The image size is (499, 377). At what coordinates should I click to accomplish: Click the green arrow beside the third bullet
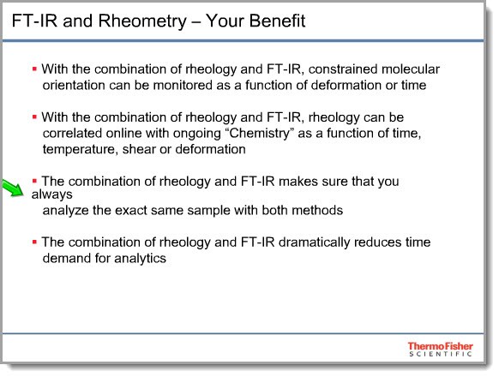tap(14, 188)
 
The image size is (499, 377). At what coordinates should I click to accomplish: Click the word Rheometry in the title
tap(142, 21)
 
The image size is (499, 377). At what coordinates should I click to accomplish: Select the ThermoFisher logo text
tap(441, 346)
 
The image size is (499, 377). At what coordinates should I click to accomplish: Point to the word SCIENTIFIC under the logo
tap(441, 354)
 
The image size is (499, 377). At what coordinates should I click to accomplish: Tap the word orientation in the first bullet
tap(74, 86)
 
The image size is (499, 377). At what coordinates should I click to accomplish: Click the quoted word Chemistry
tap(259, 134)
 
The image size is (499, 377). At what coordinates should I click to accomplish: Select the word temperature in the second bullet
tap(81, 150)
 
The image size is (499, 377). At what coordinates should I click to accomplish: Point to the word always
tap(52, 194)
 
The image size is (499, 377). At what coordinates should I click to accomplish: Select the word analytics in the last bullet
tap(140, 259)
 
